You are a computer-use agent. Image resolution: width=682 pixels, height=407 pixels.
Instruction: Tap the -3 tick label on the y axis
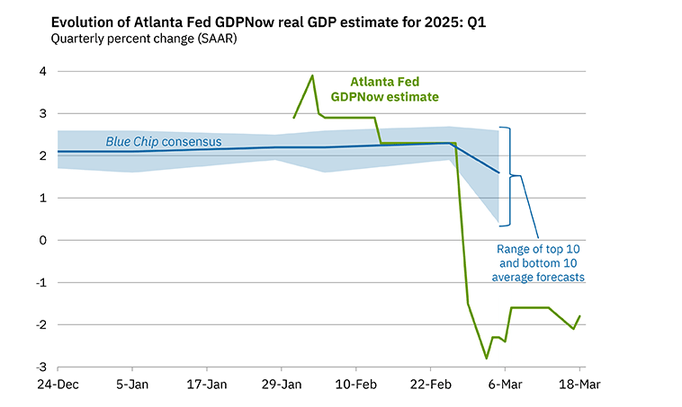[39, 367]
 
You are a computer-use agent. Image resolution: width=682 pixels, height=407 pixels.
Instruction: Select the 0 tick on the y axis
[41, 241]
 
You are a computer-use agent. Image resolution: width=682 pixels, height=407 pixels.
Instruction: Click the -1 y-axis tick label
[39, 283]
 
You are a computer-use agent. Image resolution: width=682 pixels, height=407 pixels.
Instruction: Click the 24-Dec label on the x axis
[58, 384]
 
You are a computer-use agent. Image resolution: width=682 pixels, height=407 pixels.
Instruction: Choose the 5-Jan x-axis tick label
[132, 384]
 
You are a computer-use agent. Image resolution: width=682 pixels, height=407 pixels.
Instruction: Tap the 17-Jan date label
[207, 384]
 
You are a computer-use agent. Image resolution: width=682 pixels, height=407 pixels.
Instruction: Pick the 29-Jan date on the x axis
[282, 384]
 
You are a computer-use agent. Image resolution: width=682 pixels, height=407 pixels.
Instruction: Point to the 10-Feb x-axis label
[356, 384]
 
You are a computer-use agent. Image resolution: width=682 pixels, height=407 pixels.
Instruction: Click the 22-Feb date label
[430, 384]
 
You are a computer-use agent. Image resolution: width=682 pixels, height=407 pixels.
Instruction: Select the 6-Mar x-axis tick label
[505, 384]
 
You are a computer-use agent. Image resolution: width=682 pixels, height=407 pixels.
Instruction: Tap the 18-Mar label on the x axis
[579, 384]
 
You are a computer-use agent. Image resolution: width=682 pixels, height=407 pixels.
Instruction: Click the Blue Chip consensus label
[164, 141]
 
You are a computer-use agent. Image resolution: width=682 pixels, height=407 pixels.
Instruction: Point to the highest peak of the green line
[312, 75]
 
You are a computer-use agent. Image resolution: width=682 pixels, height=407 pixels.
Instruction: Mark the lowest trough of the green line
[487, 358]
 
